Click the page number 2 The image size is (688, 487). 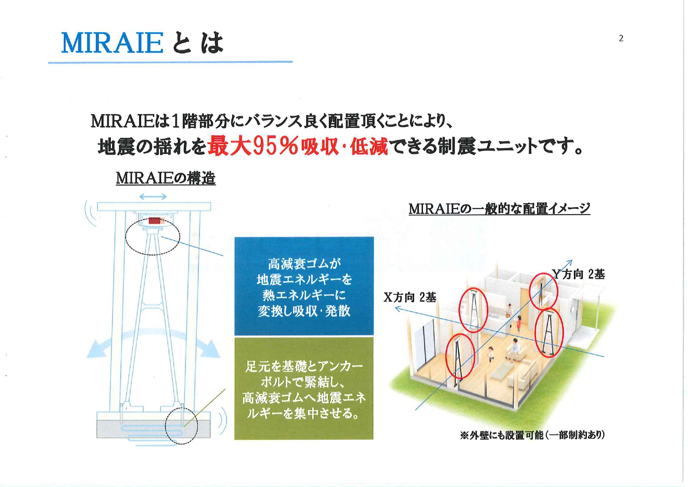[x=621, y=38]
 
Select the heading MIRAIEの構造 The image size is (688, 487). [x=166, y=178]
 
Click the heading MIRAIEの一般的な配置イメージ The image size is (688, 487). [x=499, y=208]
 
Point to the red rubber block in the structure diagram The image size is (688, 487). [x=154, y=221]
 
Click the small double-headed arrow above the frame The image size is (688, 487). [x=153, y=196]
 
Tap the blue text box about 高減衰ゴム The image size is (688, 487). [x=304, y=286]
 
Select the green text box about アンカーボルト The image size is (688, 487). [x=304, y=389]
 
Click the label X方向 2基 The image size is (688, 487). [x=410, y=297]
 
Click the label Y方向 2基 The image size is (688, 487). [x=579, y=274]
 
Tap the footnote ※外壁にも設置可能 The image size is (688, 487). [x=532, y=435]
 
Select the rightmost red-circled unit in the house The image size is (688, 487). [x=549, y=333]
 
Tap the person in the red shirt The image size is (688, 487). [x=519, y=324]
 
